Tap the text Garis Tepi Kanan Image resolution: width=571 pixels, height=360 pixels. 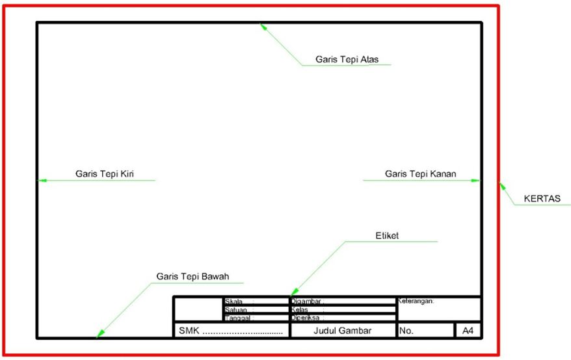[x=420, y=174]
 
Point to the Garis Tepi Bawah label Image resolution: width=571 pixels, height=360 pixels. [x=193, y=276]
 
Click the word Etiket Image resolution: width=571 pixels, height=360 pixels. [x=386, y=236]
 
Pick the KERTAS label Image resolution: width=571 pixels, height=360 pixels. [x=542, y=199]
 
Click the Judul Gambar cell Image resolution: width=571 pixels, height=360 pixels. [x=342, y=331]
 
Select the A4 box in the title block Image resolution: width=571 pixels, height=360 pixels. [x=468, y=331]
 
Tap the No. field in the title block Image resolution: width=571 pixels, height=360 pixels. [x=406, y=331]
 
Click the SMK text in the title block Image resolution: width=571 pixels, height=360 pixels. [x=189, y=331]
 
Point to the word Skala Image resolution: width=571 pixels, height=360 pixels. [x=233, y=302]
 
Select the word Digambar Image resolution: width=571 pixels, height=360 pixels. [x=306, y=302]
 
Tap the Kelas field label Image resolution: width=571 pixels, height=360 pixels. [x=300, y=310]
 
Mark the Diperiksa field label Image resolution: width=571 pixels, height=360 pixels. [x=306, y=318]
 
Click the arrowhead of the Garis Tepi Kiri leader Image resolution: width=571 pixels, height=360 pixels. [x=40, y=181]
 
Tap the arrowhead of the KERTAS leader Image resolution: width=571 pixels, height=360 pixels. [x=501, y=185]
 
